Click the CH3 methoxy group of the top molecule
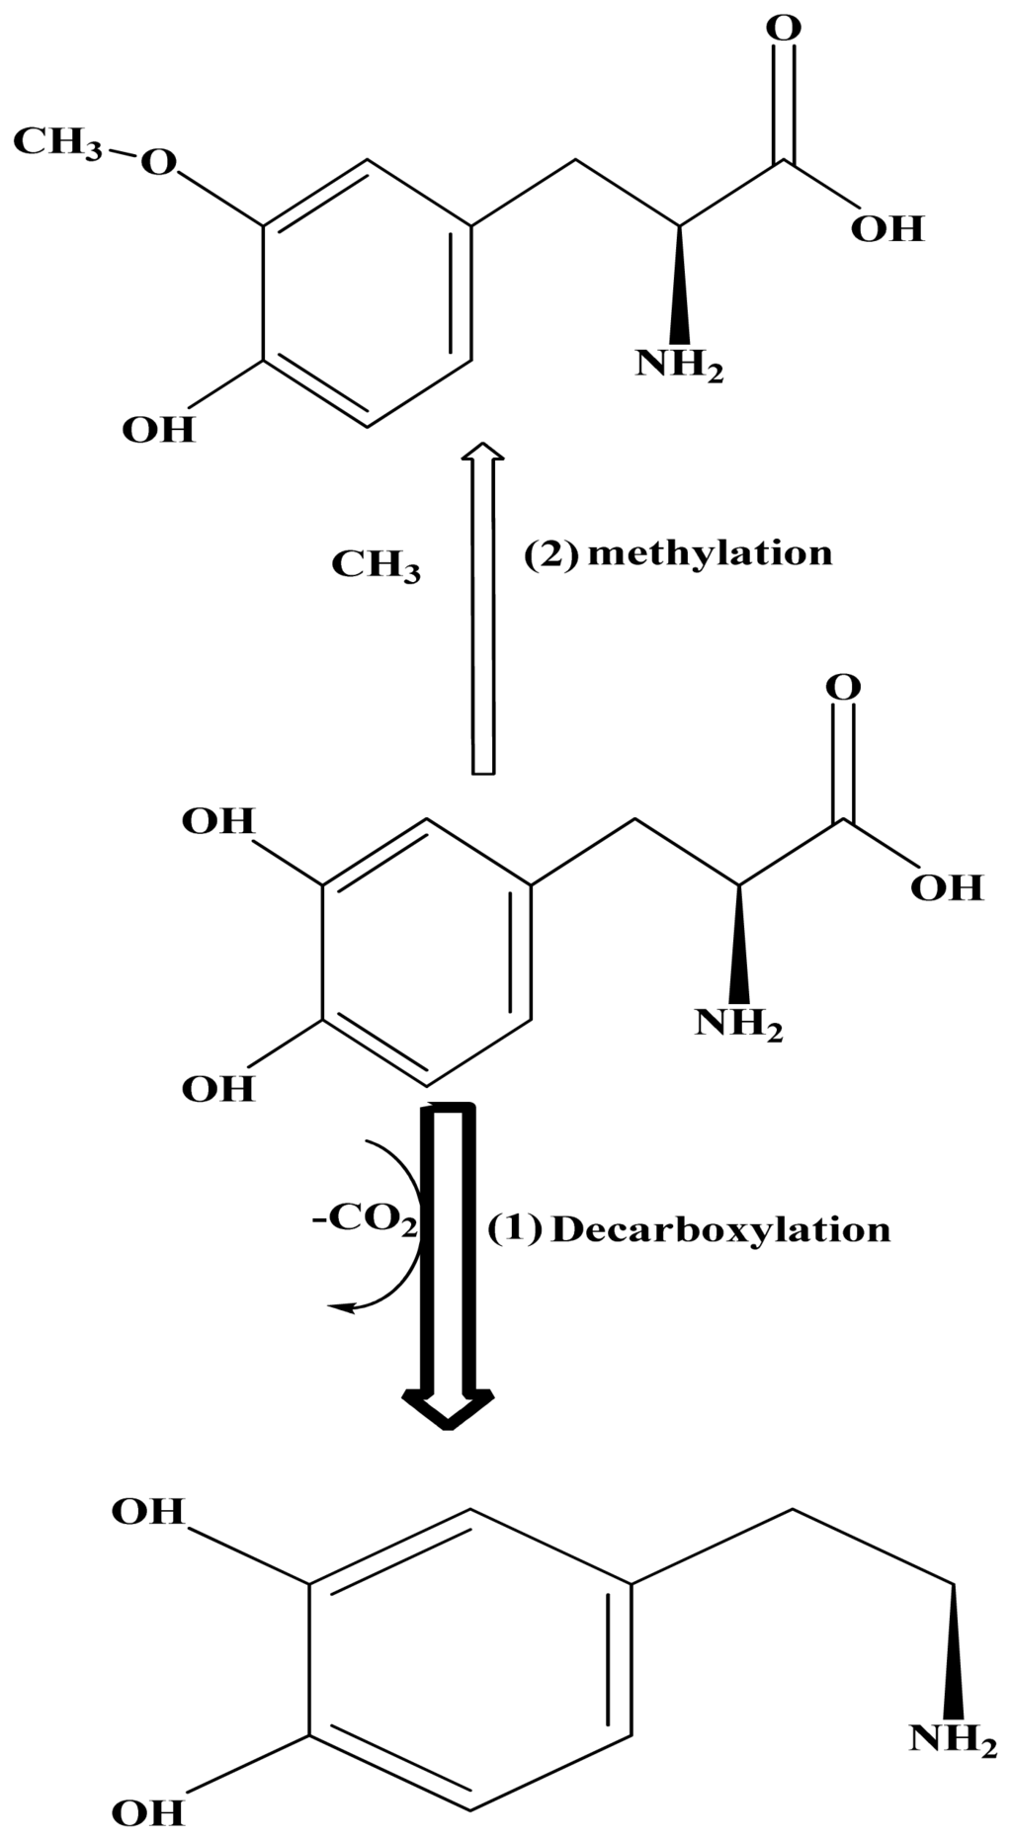tap(56, 142)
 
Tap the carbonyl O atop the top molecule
tap(784, 28)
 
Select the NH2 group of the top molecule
tap(679, 366)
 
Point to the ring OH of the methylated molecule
tap(158, 430)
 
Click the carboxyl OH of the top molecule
tap(886, 229)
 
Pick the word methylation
tap(710, 552)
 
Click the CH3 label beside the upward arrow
tap(376, 565)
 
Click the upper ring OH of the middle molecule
tap(217, 821)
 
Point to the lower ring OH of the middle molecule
tap(217, 1089)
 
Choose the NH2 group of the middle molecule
tap(738, 1024)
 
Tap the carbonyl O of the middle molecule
tap(843, 687)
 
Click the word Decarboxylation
tap(720, 1230)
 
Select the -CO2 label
tap(365, 1218)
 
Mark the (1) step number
tap(515, 1229)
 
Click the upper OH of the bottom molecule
tap(148, 1512)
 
